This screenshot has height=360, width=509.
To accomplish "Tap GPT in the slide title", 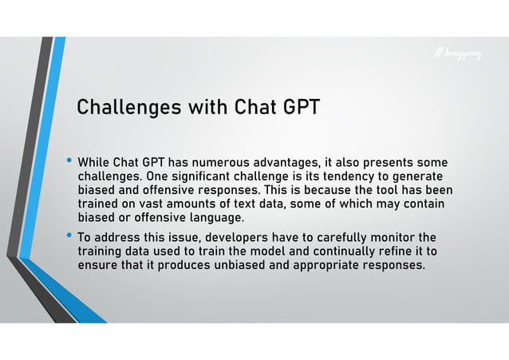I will tap(298, 107).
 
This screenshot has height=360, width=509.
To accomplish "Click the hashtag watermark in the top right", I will tap(458, 53).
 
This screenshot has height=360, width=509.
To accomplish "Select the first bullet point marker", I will tap(69, 162).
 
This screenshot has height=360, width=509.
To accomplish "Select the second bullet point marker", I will tap(69, 236).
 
